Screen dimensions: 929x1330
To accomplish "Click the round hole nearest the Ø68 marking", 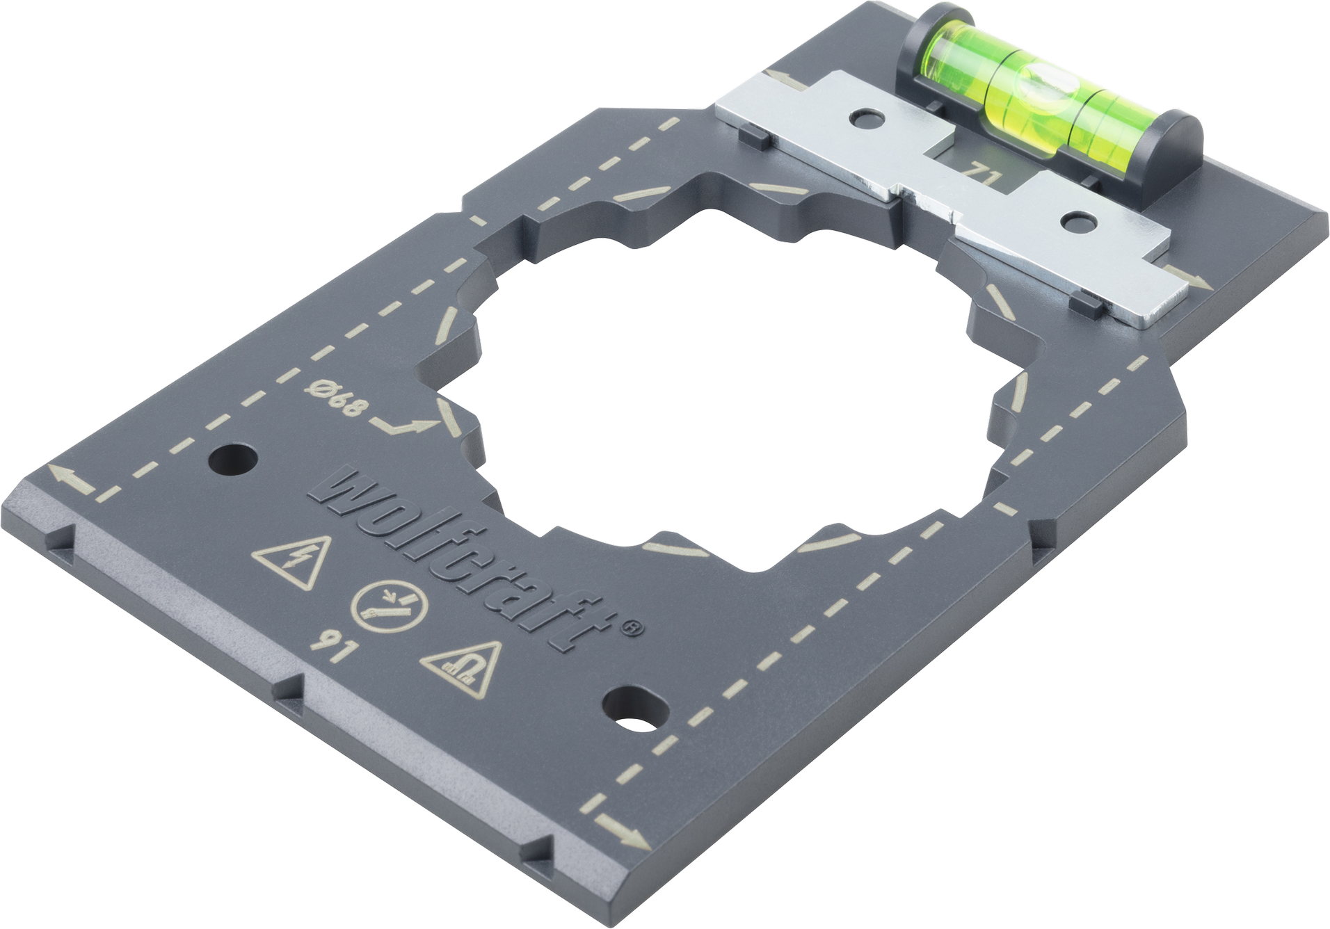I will (232, 460).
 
